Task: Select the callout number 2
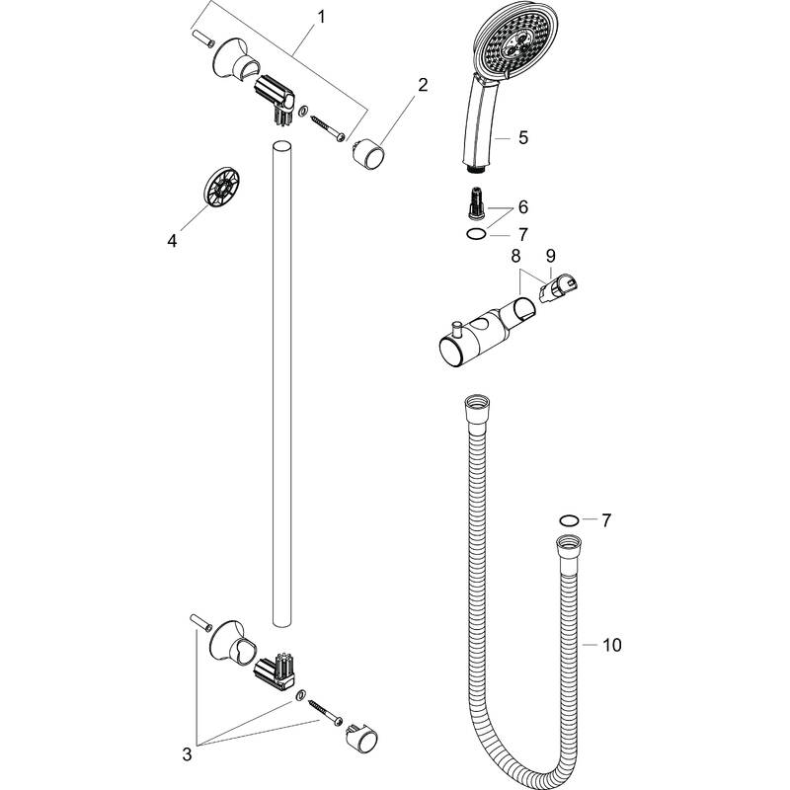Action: pyautogui.click(x=422, y=85)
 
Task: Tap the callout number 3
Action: pyautogui.click(x=188, y=755)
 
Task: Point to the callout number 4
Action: pyautogui.click(x=174, y=239)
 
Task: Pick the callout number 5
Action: pyautogui.click(x=523, y=138)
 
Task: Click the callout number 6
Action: pyautogui.click(x=523, y=206)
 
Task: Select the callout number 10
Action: pyautogui.click(x=611, y=646)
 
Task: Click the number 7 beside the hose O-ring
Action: pyautogui.click(x=606, y=519)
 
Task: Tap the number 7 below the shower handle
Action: pyautogui.click(x=523, y=234)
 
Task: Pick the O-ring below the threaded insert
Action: pyautogui.click(x=476, y=234)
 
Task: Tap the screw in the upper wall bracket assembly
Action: pyautogui.click(x=326, y=124)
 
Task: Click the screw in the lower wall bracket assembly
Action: pyautogui.click(x=325, y=708)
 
